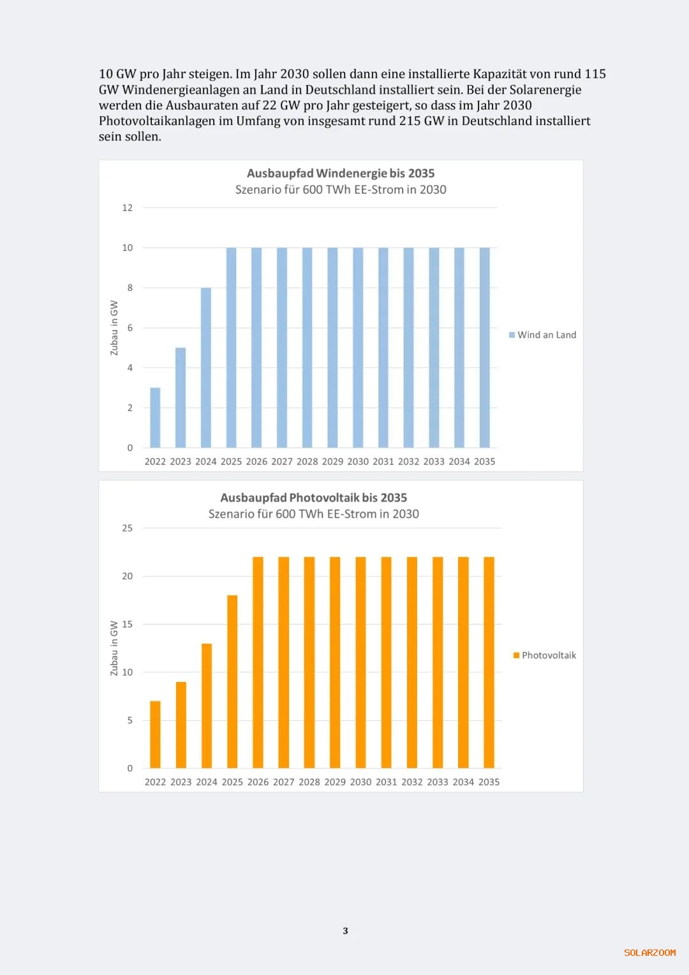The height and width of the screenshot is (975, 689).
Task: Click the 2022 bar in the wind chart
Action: (155, 418)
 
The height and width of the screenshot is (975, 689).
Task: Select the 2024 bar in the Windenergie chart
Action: (205, 367)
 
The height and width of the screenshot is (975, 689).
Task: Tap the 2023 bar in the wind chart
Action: (181, 397)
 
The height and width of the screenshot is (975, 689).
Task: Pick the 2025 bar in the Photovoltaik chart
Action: (232, 681)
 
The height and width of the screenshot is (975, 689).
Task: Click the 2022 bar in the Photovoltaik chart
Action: (155, 734)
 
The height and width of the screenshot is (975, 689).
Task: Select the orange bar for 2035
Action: (489, 662)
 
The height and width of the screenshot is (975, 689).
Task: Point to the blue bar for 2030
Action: (358, 347)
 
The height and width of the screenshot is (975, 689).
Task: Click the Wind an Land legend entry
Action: (543, 335)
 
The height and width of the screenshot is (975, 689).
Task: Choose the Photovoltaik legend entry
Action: (545, 655)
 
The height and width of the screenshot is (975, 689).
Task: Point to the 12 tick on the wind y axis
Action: (128, 208)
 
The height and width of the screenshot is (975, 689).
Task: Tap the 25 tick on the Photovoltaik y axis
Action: (128, 528)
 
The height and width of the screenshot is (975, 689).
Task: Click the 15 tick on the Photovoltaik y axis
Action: (128, 624)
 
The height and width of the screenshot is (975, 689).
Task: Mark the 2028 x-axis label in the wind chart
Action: (307, 461)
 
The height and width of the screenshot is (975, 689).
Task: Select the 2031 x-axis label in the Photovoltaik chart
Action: (386, 782)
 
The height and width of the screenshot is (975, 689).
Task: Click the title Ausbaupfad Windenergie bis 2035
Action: (341, 173)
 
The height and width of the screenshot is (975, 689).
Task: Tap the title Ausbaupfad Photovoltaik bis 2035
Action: (313, 497)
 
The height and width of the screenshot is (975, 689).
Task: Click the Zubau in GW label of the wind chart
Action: (114, 328)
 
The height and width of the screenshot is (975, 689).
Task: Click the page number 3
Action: (345, 931)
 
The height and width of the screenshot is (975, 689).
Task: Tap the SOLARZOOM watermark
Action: (649, 953)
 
